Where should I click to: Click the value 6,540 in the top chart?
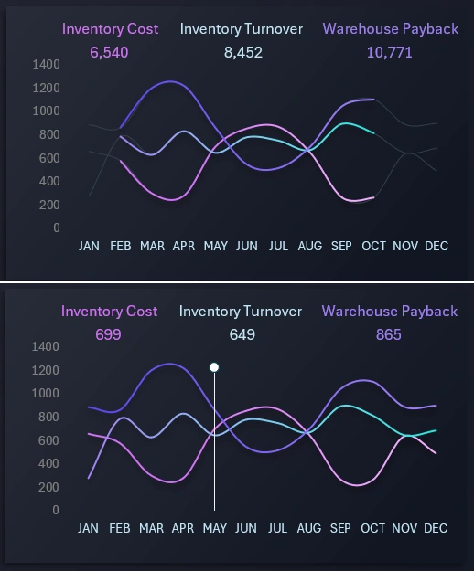[109, 53]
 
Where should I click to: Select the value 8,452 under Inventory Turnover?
[242, 53]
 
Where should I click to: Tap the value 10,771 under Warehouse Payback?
[389, 53]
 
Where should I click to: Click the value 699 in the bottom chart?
[108, 335]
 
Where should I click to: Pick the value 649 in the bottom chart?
[242, 335]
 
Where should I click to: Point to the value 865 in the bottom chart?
[388, 335]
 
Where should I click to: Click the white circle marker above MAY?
[214, 367]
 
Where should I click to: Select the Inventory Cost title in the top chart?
[110, 29]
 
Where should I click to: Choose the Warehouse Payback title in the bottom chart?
[389, 312]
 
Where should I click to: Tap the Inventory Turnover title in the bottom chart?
[240, 312]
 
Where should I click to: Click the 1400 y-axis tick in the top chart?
[45, 65]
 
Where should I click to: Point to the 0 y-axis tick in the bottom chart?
[56, 510]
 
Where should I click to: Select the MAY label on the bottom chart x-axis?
[214, 529]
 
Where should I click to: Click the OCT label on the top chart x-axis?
[373, 247]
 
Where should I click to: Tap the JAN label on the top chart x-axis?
[89, 247]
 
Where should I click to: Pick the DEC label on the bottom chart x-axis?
[436, 529]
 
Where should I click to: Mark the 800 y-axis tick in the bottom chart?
[48, 417]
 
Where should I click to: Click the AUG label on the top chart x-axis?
[310, 247]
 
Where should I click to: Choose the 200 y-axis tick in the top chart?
[48, 205]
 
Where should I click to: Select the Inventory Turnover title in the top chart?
[241, 29]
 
